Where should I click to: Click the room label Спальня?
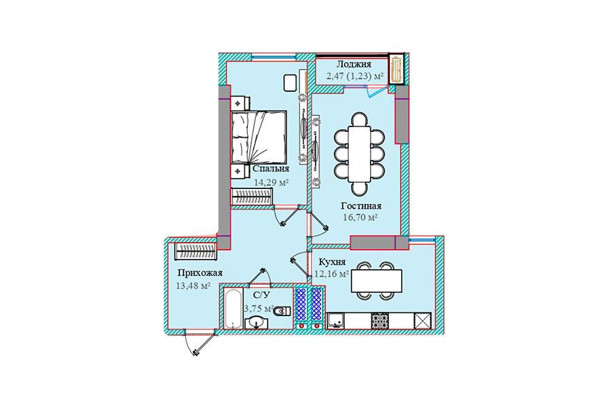pyautogui.click(x=271, y=169)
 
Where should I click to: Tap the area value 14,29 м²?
pyautogui.click(x=271, y=182)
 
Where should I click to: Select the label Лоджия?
pyautogui.click(x=354, y=64)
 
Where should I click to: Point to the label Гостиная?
pyautogui.click(x=361, y=206)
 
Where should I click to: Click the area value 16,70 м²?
pyautogui.click(x=360, y=218)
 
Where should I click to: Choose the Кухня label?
pyautogui.click(x=332, y=262)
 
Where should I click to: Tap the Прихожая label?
pyautogui.click(x=200, y=273)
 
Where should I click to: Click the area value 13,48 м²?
pyautogui.click(x=193, y=286)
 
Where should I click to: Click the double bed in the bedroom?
pyautogui.click(x=259, y=137)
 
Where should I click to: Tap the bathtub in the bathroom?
pyautogui.click(x=233, y=309)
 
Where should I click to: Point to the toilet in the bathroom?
pyautogui.click(x=282, y=311)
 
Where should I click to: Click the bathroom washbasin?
pyautogui.click(x=257, y=323)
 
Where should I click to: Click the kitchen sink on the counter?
pyautogui.click(x=336, y=320)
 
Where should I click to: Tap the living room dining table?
pyautogui.click(x=359, y=154)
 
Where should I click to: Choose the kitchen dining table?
pyautogui.click(x=376, y=281)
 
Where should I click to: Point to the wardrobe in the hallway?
pyautogui.click(x=195, y=252)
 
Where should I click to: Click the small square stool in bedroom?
pyautogui.click(x=290, y=83)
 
